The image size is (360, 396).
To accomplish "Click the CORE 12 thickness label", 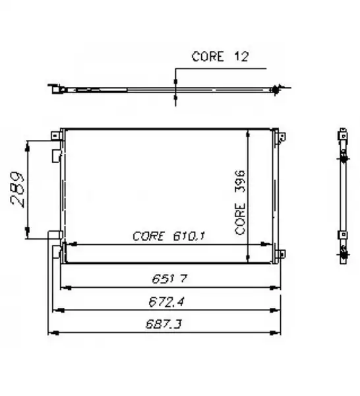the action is [220, 56].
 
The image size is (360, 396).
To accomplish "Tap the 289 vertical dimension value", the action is [18, 189].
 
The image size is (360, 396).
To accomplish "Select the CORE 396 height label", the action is [240, 203].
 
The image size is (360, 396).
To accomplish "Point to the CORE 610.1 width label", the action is [169, 236].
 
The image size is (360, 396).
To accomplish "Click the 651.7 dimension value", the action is [169, 279].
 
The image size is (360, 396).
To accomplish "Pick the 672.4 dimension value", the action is [167, 302].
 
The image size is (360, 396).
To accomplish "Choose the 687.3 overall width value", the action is [164, 324].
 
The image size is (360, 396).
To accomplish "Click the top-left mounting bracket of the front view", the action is [55, 136].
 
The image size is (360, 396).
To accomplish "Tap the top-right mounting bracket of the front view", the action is [282, 138].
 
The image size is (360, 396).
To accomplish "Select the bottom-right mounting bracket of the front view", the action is [282, 253].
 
